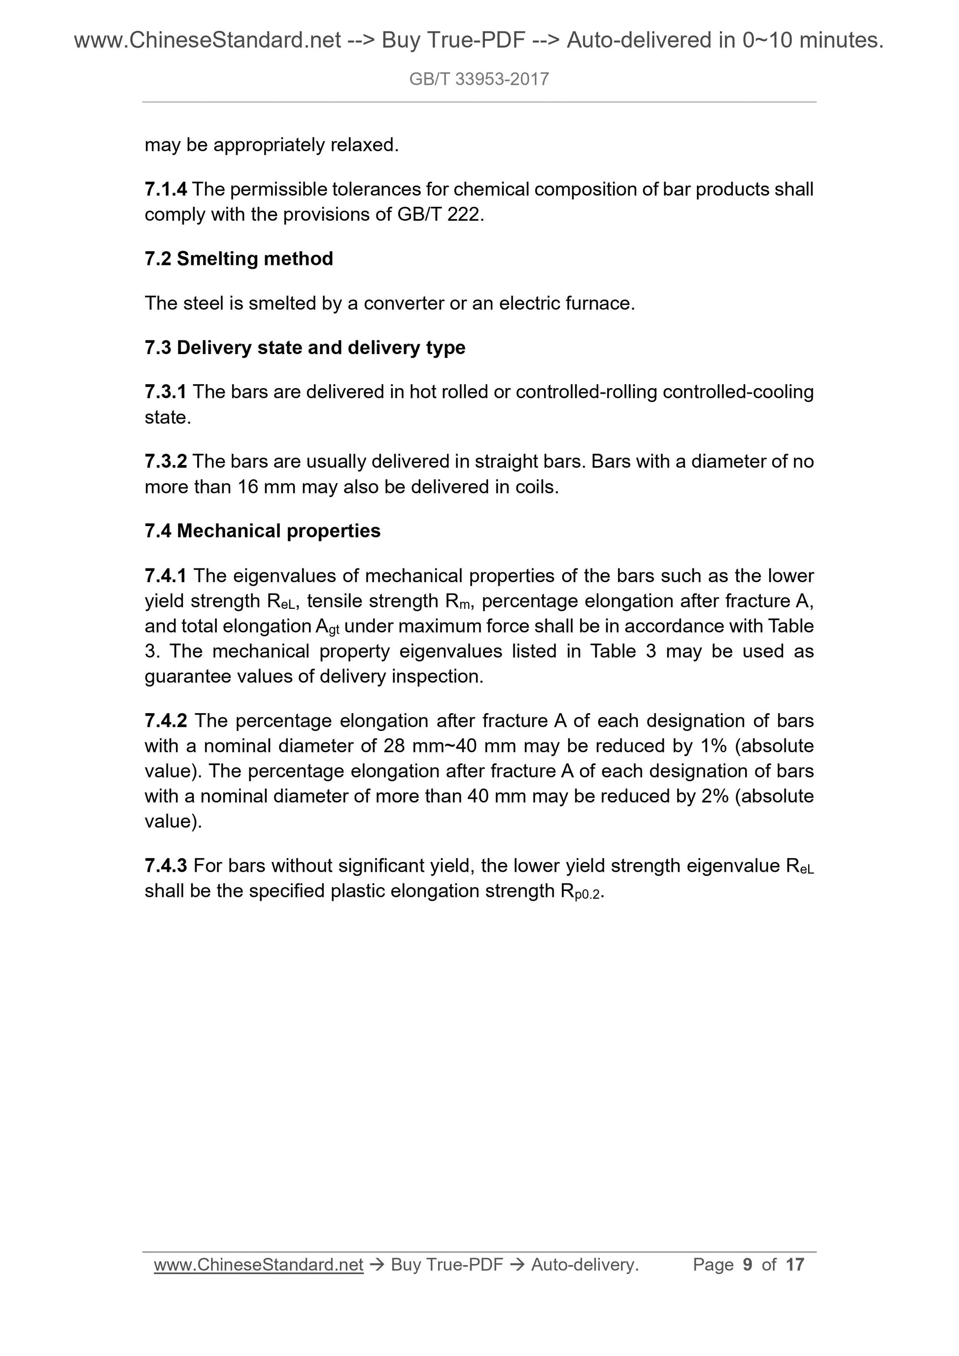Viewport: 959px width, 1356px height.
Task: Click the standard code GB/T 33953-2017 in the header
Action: (x=479, y=79)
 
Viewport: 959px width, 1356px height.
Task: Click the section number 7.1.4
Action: (x=166, y=190)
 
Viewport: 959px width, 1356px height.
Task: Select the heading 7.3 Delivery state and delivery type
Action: (x=305, y=348)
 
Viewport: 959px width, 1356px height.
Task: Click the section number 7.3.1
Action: (x=166, y=392)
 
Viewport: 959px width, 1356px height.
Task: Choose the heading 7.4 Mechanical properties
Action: (x=262, y=531)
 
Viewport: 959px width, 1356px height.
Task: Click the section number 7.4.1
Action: (x=166, y=576)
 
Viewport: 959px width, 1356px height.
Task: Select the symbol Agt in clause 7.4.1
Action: (x=327, y=627)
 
